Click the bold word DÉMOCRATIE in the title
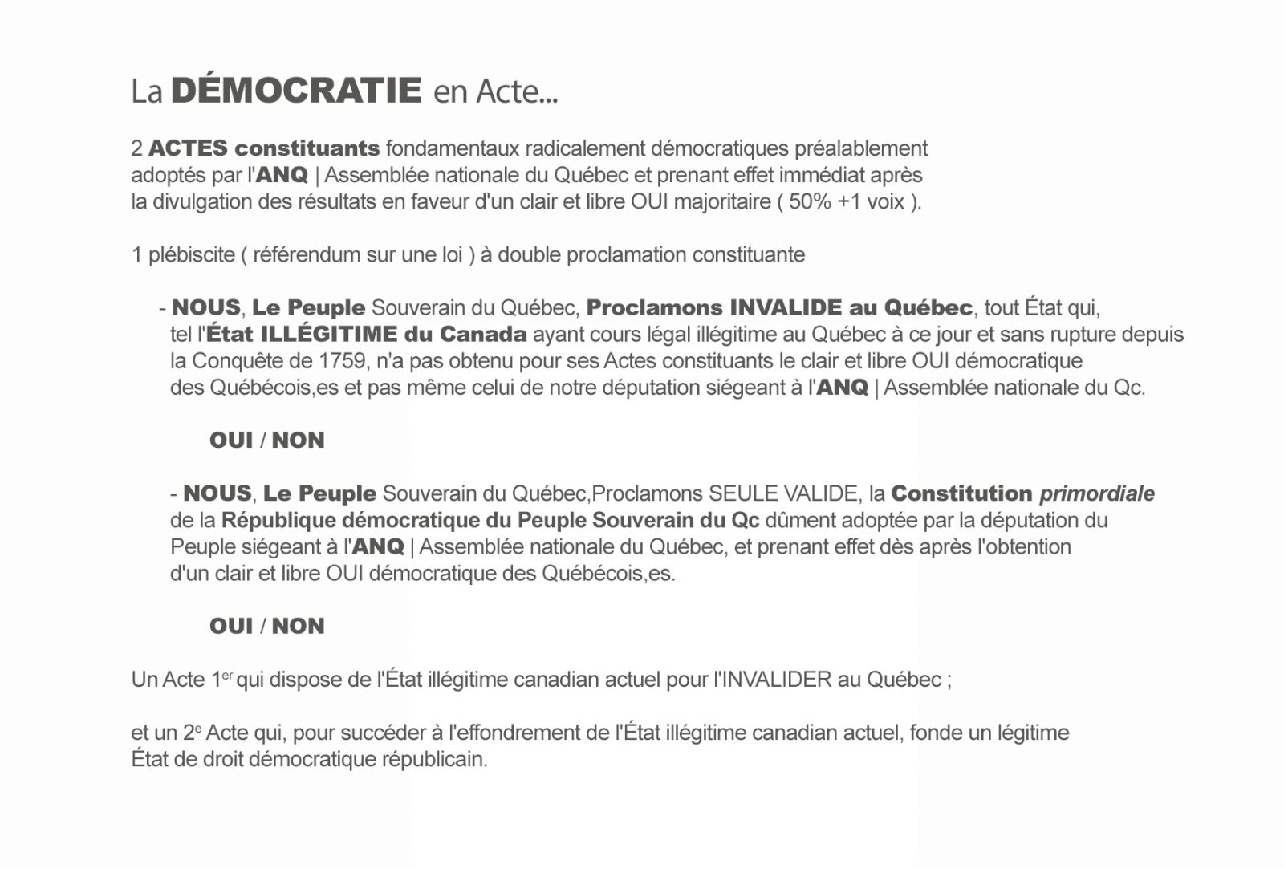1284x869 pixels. [296, 91]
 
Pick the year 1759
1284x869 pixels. [343, 361]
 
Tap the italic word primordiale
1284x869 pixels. [1097, 493]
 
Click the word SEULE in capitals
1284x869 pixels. [743, 493]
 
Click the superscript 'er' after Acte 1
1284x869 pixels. [227, 676]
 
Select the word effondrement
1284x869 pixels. [508, 733]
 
